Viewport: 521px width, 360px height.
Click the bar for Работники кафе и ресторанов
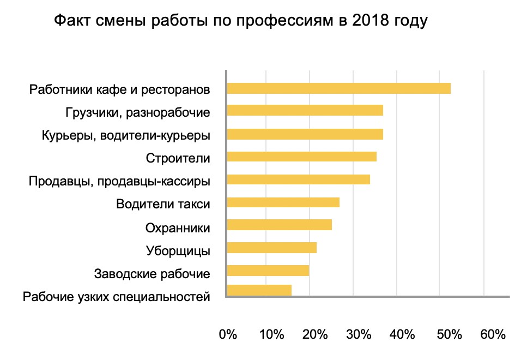tap(338, 88)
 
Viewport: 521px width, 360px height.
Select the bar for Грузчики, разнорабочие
tap(305, 111)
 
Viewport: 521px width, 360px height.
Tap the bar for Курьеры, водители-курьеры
tap(305, 134)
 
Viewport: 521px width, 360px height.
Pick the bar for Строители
tap(301, 157)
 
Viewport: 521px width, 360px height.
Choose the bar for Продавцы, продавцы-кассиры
tap(298, 179)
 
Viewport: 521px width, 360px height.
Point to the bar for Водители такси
tap(283, 202)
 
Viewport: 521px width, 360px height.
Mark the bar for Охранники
tap(279, 225)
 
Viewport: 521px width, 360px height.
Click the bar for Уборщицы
tap(271, 248)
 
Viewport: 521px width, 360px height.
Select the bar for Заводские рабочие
tap(268, 271)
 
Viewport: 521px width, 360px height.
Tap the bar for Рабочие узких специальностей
tap(259, 290)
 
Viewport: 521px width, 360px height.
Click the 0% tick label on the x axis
tap(227, 334)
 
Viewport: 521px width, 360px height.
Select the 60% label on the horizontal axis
tap(493, 334)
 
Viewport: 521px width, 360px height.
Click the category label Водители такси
tap(163, 205)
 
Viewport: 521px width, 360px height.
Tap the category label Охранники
tap(178, 227)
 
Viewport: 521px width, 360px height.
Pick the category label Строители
tap(178, 159)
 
